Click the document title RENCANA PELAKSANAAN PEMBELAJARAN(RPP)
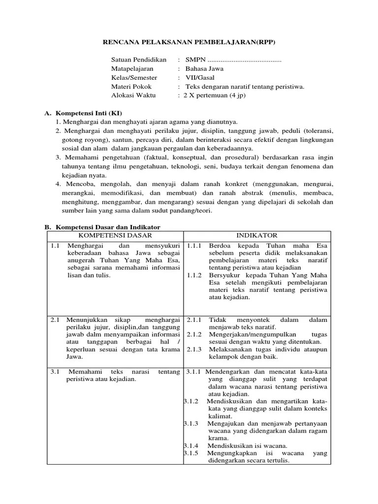tap(189, 43)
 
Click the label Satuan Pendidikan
tap(139, 60)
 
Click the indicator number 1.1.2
tap(195, 275)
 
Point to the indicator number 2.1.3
tap(194, 349)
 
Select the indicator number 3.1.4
tap(191, 446)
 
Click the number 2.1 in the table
tap(55, 320)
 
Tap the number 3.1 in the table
tap(55, 372)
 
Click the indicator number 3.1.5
tap(191, 453)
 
